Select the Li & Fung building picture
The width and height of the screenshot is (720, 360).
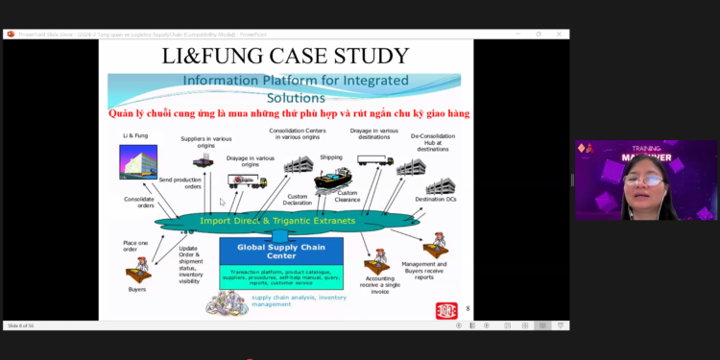(x=137, y=162)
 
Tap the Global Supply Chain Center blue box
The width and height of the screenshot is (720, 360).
(x=281, y=251)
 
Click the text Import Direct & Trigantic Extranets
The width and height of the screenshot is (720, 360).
(x=278, y=221)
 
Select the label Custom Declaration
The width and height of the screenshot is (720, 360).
(x=297, y=199)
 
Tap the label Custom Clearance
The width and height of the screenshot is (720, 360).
(x=348, y=197)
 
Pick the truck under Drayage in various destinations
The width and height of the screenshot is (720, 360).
(x=374, y=160)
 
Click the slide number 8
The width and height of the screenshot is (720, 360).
(x=468, y=308)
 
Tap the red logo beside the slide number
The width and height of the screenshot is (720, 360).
(x=446, y=309)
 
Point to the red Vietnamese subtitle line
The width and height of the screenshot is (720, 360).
(x=288, y=113)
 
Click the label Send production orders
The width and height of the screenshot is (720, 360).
(x=180, y=182)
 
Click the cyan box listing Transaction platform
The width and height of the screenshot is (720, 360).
(x=281, y=276)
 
